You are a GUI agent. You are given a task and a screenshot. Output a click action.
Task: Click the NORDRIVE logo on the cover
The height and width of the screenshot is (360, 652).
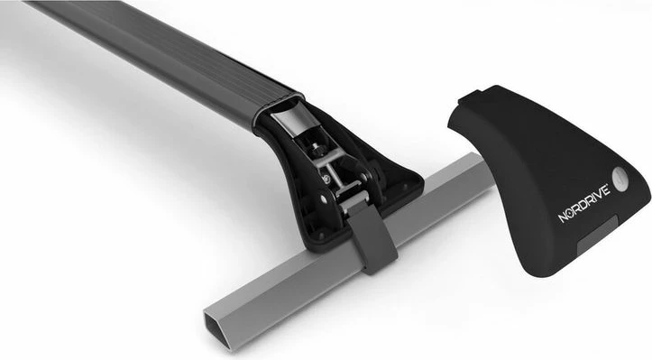point(583,204)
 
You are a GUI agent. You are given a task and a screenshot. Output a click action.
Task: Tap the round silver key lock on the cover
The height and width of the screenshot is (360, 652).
point(620,180)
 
